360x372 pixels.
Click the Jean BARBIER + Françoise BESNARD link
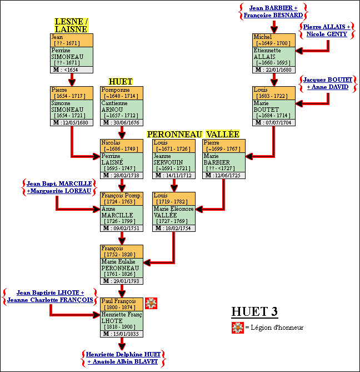click(x=272, y=12)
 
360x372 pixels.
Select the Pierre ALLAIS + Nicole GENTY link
click(x=326, y=30)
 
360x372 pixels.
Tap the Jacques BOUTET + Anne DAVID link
click(x=326, y=83)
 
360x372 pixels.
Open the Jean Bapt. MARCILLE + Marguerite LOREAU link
click(x=58, y=187)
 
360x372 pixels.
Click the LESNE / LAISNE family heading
click(x=71, y=26)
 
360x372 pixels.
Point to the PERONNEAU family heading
click(x=174, y=134)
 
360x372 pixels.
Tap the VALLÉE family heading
click(x=222, y=134)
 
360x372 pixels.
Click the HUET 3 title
click(x=254, y=311)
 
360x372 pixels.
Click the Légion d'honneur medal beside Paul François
click(x=151, y=303)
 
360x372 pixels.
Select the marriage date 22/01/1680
click(x=278, y=70)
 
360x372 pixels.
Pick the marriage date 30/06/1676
click(x=125, y=123)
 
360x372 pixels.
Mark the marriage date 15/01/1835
click(x=125, y=334)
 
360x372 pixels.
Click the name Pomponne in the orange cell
click(x=115, y=90)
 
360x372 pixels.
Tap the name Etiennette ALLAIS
click(x=268, y=54)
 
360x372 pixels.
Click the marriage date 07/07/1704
click(x=278, y=123)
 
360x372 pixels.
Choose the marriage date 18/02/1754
click(x=177, y=229)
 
